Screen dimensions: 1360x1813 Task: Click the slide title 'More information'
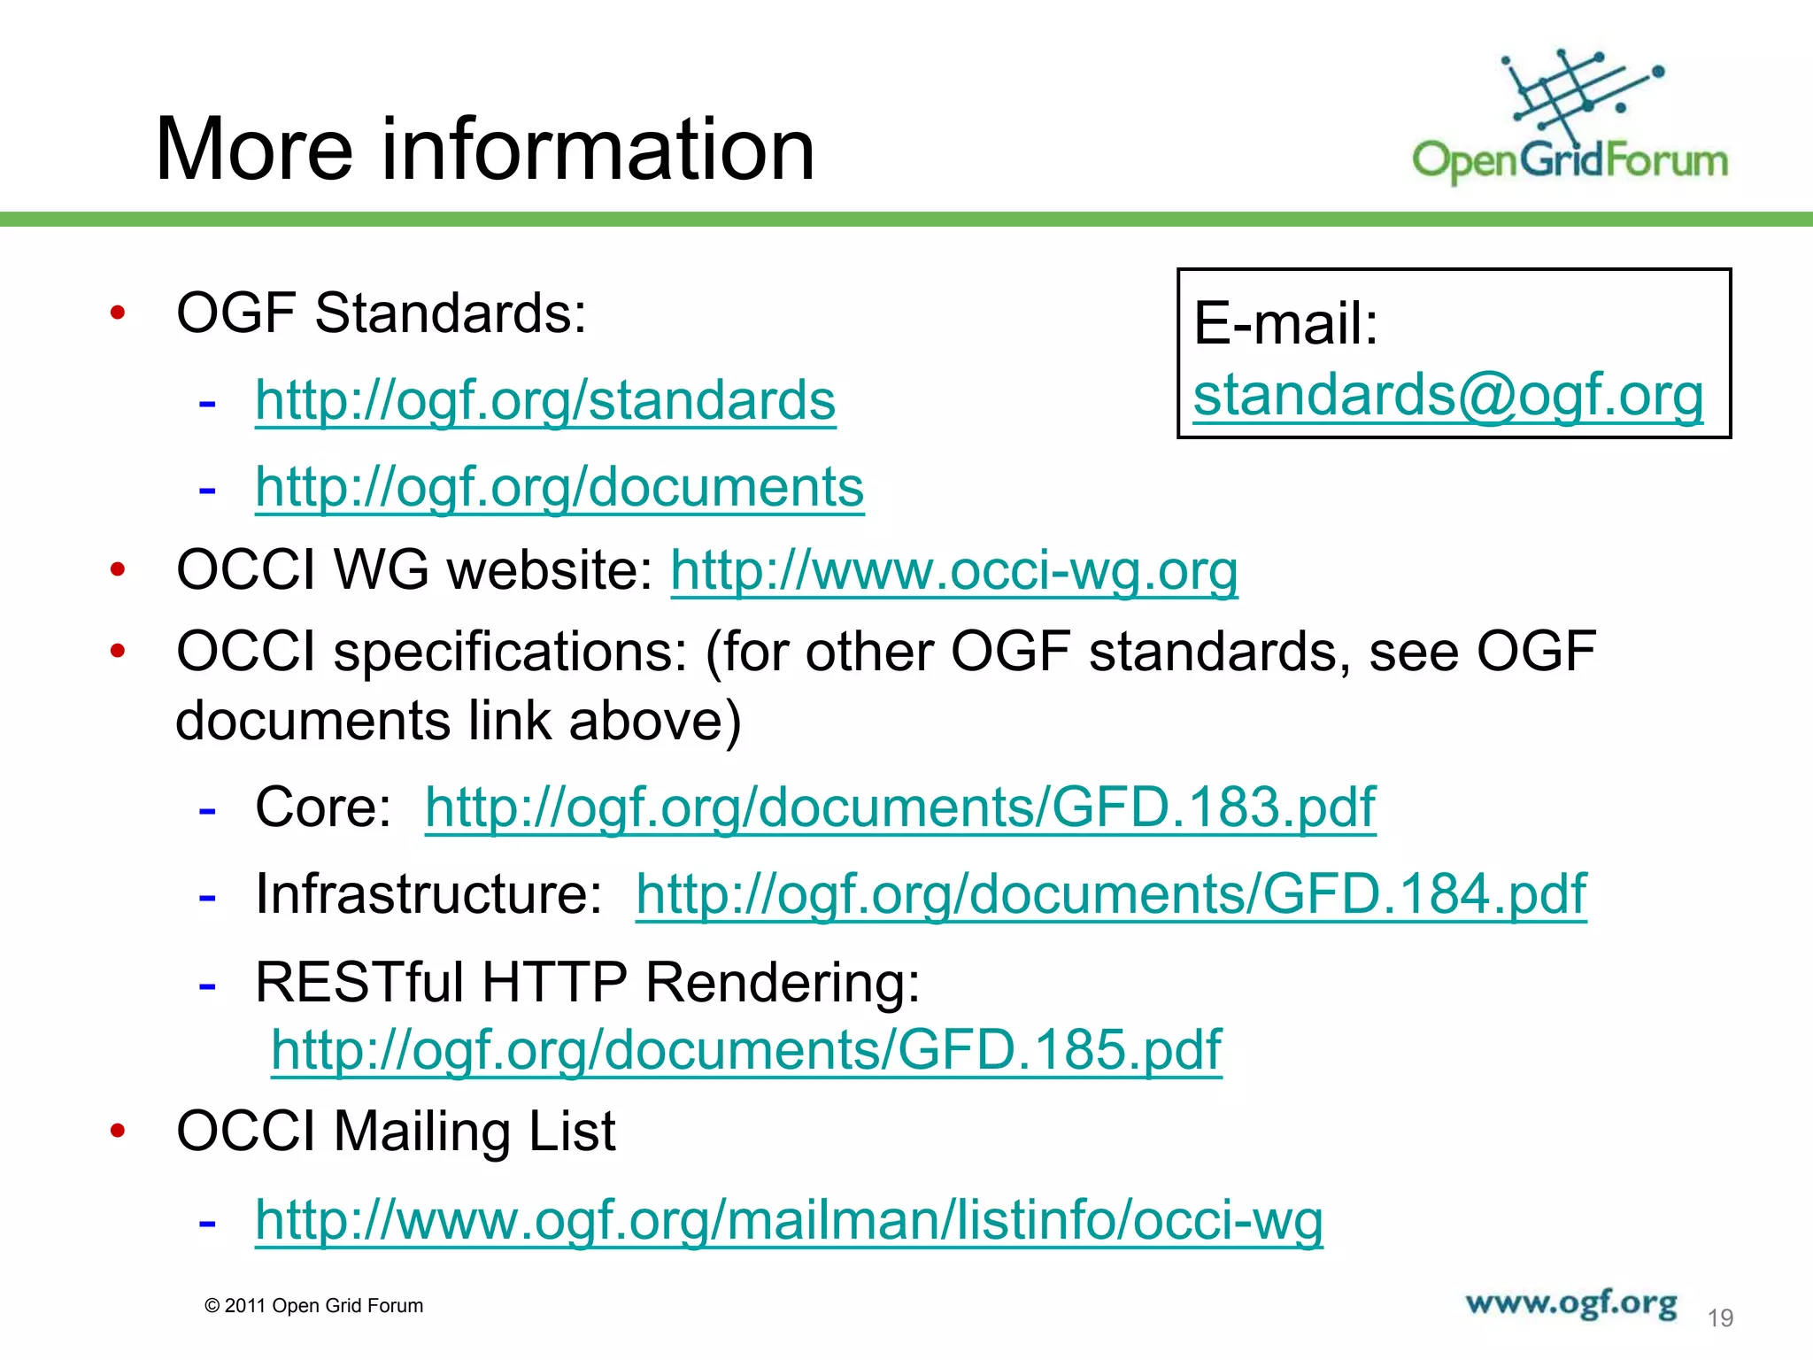(484, 150)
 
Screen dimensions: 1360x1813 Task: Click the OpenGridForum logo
(1569, 120)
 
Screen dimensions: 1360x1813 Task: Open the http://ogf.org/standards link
(545, 400)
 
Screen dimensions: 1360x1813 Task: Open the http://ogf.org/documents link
(559, 487)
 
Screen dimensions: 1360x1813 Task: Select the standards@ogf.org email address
(1448, 395)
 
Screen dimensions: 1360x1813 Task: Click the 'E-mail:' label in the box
(1285, 323)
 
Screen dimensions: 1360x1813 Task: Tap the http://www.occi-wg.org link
(953, 569)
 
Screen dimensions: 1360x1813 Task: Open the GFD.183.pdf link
(900, 807)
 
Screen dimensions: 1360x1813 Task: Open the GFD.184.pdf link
(1111, 893)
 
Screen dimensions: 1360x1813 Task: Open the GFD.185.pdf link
(746, 1050)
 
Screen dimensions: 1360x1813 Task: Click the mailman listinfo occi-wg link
(789, 1220)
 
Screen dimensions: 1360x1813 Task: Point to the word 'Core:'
(323, 807)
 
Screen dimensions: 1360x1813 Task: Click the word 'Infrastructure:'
(429, 893)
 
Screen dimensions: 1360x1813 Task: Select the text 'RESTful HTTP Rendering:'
(588, 983)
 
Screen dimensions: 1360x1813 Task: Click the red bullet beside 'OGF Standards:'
(118, 313)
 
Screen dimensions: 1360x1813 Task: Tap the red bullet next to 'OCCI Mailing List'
(118, 1132)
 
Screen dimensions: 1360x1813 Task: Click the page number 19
(1719, 1318)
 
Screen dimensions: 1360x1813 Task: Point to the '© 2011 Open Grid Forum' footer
(313, 1306)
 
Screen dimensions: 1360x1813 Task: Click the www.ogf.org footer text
(1570, 1303)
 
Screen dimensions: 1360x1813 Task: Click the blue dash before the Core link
(207, 810)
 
